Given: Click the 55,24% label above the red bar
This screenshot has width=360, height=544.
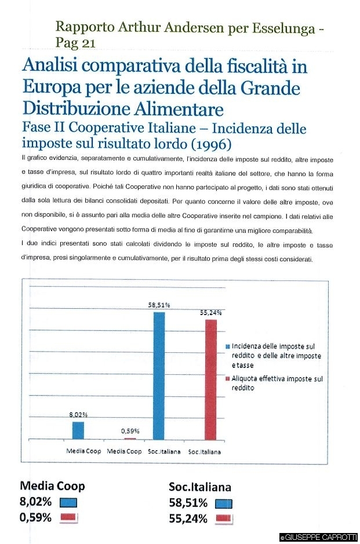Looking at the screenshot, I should [211, 312].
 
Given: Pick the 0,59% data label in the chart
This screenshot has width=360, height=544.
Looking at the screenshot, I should [129, 431].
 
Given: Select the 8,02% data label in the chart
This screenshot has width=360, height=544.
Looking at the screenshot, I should [78, 414].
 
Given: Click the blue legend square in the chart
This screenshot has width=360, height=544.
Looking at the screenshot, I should [228, 346].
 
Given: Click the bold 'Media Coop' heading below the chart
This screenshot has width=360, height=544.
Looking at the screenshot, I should [53, 486].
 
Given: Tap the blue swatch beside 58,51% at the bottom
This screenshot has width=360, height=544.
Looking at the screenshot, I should [223, 503].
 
